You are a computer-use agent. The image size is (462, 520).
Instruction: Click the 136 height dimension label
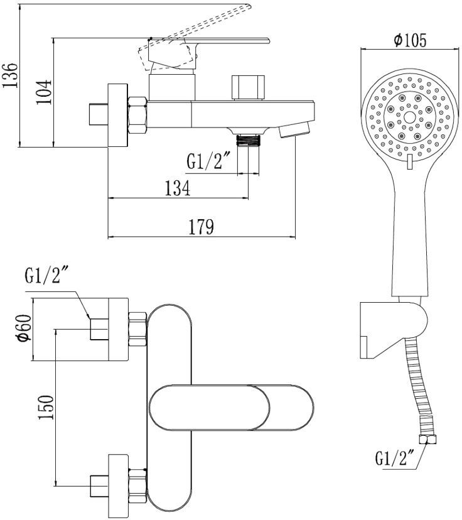(x=10, y=75)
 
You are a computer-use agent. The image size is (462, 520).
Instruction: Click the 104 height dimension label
(x=44, y=92)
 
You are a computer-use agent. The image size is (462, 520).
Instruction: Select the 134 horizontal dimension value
(x=178, y=188)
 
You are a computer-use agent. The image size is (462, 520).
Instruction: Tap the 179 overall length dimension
(x=201, y=227)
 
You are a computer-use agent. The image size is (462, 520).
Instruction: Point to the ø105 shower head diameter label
(x=410, y=40)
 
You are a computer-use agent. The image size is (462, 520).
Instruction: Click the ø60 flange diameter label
(x=24, y=328)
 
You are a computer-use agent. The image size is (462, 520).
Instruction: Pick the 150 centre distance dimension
(x=46, y=407)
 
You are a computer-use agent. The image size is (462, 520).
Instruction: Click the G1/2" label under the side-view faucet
(x=204, y=162)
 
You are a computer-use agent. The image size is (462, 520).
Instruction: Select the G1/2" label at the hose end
(x=395, y=458)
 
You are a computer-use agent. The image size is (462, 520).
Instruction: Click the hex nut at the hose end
(x=427, y=440)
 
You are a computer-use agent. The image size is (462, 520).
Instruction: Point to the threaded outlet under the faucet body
(x=248, y=140)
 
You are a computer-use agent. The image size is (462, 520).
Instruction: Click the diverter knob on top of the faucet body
(x=249, y=87)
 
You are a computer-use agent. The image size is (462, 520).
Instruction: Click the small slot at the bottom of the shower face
(x=409, y=161)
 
